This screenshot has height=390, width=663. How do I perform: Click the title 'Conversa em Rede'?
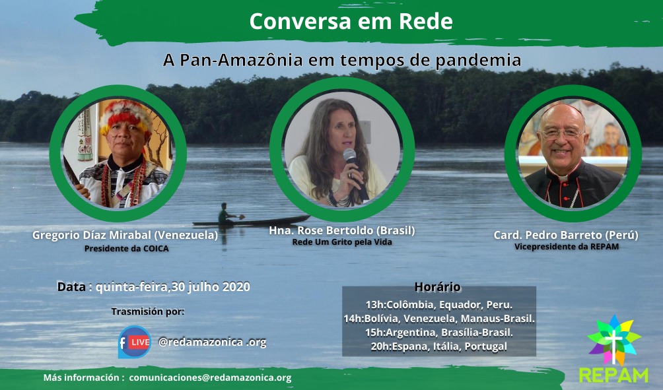coord(351,21)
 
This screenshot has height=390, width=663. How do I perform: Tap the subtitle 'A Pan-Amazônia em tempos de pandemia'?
coord(342,60)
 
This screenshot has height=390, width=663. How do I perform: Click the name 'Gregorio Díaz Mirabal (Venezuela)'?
coord(125,235)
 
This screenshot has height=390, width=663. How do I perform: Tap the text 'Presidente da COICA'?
coord(126,248)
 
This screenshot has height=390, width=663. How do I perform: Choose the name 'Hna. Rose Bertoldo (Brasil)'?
coord(342,230)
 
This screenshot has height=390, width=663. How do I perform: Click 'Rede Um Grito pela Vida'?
coord(342,242)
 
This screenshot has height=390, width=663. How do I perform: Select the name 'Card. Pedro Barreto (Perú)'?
coord(566,235)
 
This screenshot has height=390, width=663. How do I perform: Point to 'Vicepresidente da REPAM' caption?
coord(567,246)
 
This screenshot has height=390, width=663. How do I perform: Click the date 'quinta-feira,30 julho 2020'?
coord(173,287)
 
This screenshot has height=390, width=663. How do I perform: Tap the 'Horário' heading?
coord(437,287)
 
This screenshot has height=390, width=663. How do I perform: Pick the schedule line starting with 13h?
coord(439,305)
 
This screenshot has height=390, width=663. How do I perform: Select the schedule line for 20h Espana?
coord(439,346)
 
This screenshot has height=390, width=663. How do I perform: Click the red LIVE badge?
coord(139,342)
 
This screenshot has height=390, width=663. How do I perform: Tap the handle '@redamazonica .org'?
coord(212,342)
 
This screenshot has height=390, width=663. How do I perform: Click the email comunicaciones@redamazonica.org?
coord(210,377)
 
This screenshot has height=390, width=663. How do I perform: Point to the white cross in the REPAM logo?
coord(613,346)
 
